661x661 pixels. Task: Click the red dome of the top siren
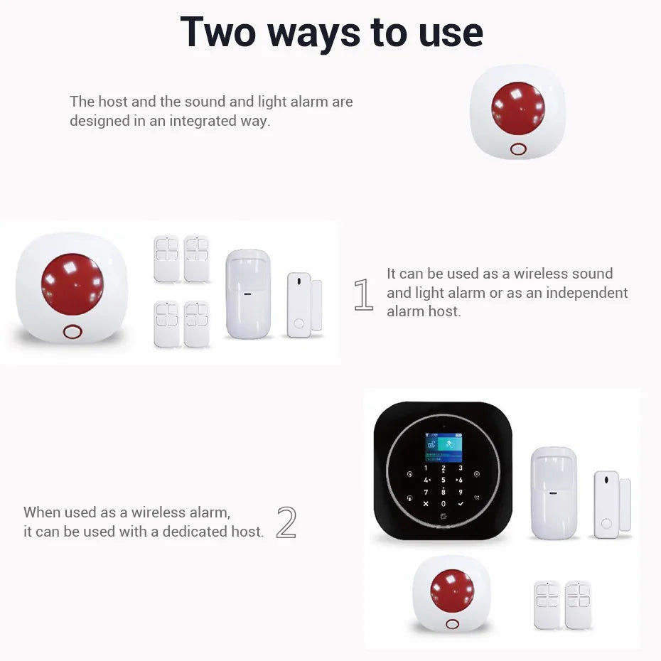(518, 109)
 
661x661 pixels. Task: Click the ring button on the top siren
(518, 149)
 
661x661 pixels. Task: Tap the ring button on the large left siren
(72, 332)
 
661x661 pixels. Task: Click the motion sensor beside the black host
(554, 493)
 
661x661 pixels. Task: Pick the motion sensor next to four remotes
(248, 294)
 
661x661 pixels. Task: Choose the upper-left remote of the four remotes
(167, 259)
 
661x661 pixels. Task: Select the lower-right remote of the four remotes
(197, 324)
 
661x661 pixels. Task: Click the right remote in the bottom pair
(578, 605)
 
